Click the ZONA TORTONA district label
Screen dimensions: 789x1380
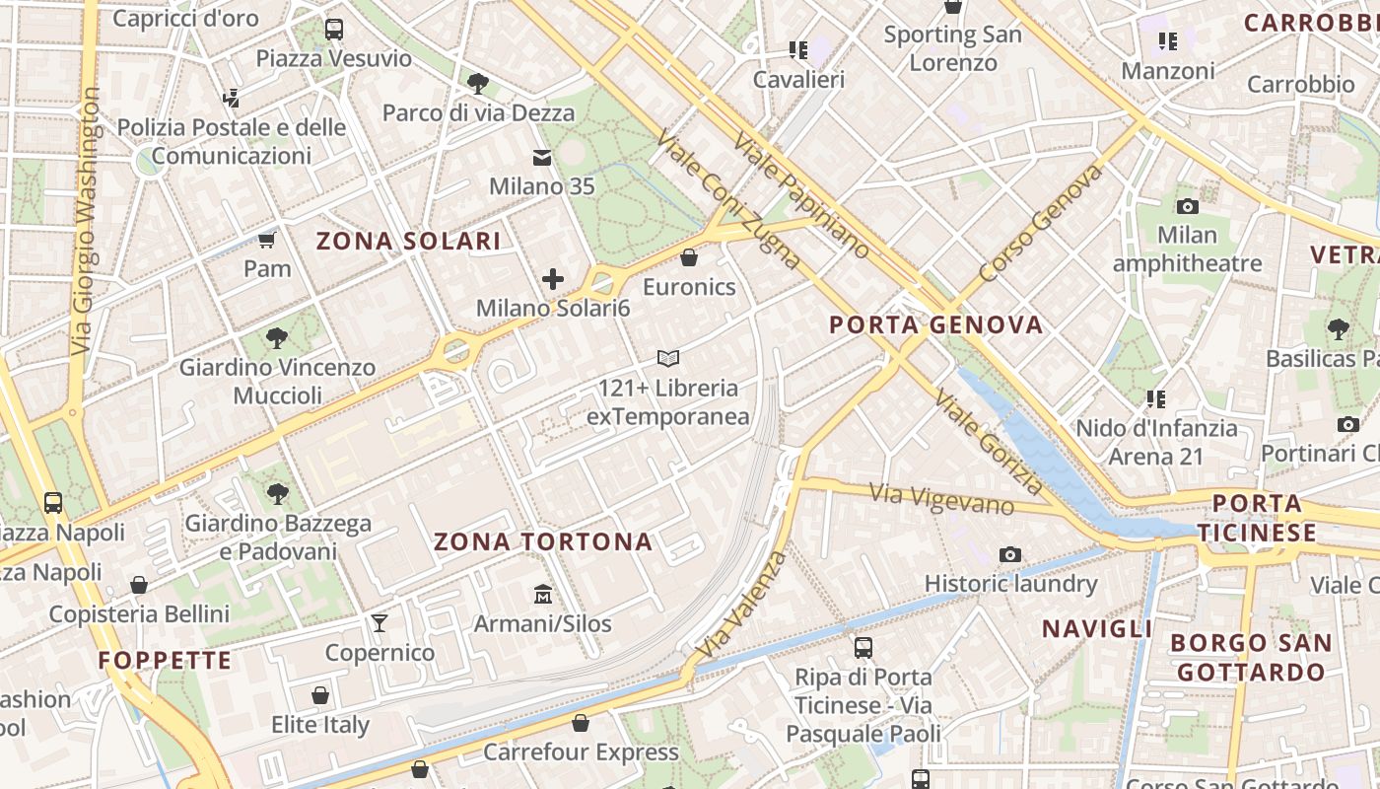click(x=543, y=541)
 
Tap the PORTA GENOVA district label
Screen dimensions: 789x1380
click(x=935, y=324)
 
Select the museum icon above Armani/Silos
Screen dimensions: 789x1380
click(x=542, y=594)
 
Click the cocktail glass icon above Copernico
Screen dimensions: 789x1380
click(x=379, y=622)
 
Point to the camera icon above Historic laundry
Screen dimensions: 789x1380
click(x=1009, y=554)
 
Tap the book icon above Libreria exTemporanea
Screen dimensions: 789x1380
click(x=668, y=358)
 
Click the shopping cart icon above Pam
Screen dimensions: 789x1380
click(x=266, y=239)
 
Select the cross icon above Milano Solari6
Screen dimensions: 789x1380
click(x=553, y=279)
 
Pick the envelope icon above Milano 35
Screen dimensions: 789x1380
click(x=542, y=157)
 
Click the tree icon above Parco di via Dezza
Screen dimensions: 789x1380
click(x=478, y=83)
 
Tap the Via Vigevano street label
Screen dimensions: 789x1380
click(x=941, y=498)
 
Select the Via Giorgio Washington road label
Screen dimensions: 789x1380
click(x=87, y=222)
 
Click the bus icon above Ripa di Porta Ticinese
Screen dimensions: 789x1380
click(x=863, y=648)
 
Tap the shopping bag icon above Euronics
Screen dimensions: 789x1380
click(x=689, y=257)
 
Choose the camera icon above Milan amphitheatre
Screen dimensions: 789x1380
click(x=1187, y=206)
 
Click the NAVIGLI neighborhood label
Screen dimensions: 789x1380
click(x=1097, y=628)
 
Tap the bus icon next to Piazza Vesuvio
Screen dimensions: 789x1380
click(x=334, y=30)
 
